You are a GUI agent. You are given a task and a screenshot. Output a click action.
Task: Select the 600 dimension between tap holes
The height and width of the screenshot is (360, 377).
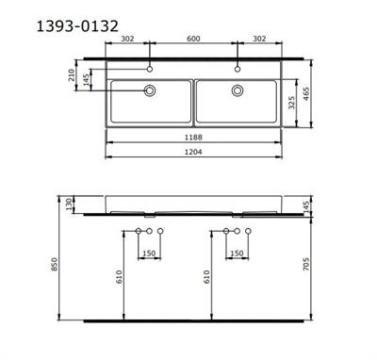(193, 40)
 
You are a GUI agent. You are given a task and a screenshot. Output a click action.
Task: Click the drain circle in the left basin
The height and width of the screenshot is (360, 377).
(148, 90)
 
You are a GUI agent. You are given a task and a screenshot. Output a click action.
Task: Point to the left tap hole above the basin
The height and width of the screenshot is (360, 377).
(150, 69)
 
